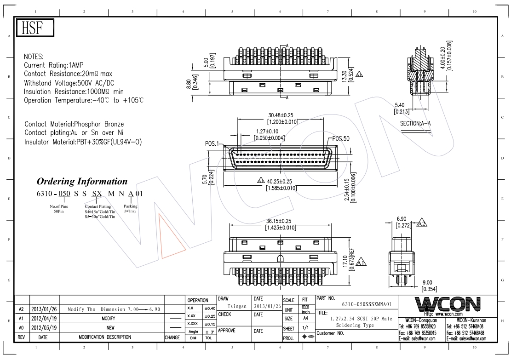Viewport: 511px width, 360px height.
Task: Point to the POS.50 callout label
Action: point(341,138)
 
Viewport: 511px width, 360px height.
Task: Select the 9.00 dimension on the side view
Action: point(427,283)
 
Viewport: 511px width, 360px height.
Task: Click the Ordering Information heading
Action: point(82,181)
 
